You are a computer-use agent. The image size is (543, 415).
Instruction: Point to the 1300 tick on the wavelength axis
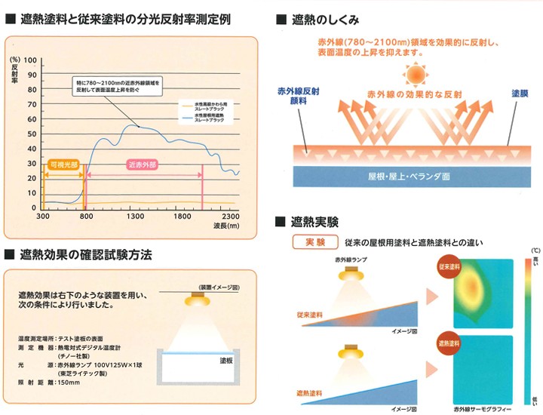(135, 216)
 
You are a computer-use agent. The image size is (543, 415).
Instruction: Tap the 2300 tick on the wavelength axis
(229, 216)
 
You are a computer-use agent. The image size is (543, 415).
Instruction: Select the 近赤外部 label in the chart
(143, 164)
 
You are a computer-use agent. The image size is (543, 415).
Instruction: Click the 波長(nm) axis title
(225, 225)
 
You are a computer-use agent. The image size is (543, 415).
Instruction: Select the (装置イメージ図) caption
(219, 287)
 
